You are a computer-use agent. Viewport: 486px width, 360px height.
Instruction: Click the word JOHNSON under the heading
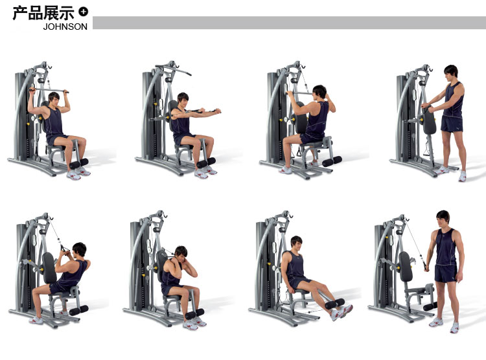[65, 27]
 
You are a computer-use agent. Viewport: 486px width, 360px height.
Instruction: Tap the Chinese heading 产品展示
[43, 14]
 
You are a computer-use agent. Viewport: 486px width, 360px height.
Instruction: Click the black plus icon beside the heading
[83, 12]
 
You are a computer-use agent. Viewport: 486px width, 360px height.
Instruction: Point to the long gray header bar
[289, 23]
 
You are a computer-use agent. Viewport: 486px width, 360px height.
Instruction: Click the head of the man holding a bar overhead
[54, 98]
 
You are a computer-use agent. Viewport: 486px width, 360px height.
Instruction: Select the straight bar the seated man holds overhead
[49, 90]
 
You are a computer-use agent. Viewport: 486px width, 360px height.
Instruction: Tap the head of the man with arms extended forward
[183, 99]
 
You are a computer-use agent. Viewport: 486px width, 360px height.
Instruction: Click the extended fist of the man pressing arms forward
[218, 111]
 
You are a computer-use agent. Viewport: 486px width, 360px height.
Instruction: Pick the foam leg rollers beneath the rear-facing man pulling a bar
[332, 161]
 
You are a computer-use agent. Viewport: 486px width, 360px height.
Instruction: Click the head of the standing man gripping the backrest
[451, 72]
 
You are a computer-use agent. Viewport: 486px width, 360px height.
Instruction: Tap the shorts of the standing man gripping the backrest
[452, 124]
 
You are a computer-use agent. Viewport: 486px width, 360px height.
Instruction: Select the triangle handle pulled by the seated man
[65, 249]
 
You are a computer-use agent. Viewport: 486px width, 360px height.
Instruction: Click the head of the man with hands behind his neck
[181, 253]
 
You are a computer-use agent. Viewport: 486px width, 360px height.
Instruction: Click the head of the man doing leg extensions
[296, 243]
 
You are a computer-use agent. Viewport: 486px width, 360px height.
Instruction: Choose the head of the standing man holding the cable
[443, 218]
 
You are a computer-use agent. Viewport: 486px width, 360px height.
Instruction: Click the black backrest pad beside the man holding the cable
[406, 266]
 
